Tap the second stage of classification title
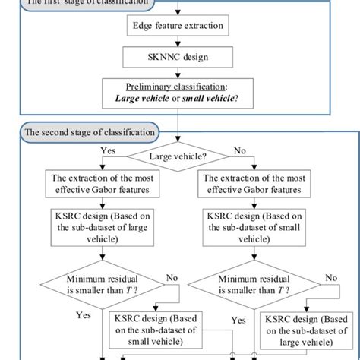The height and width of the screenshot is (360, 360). (90, 131)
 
